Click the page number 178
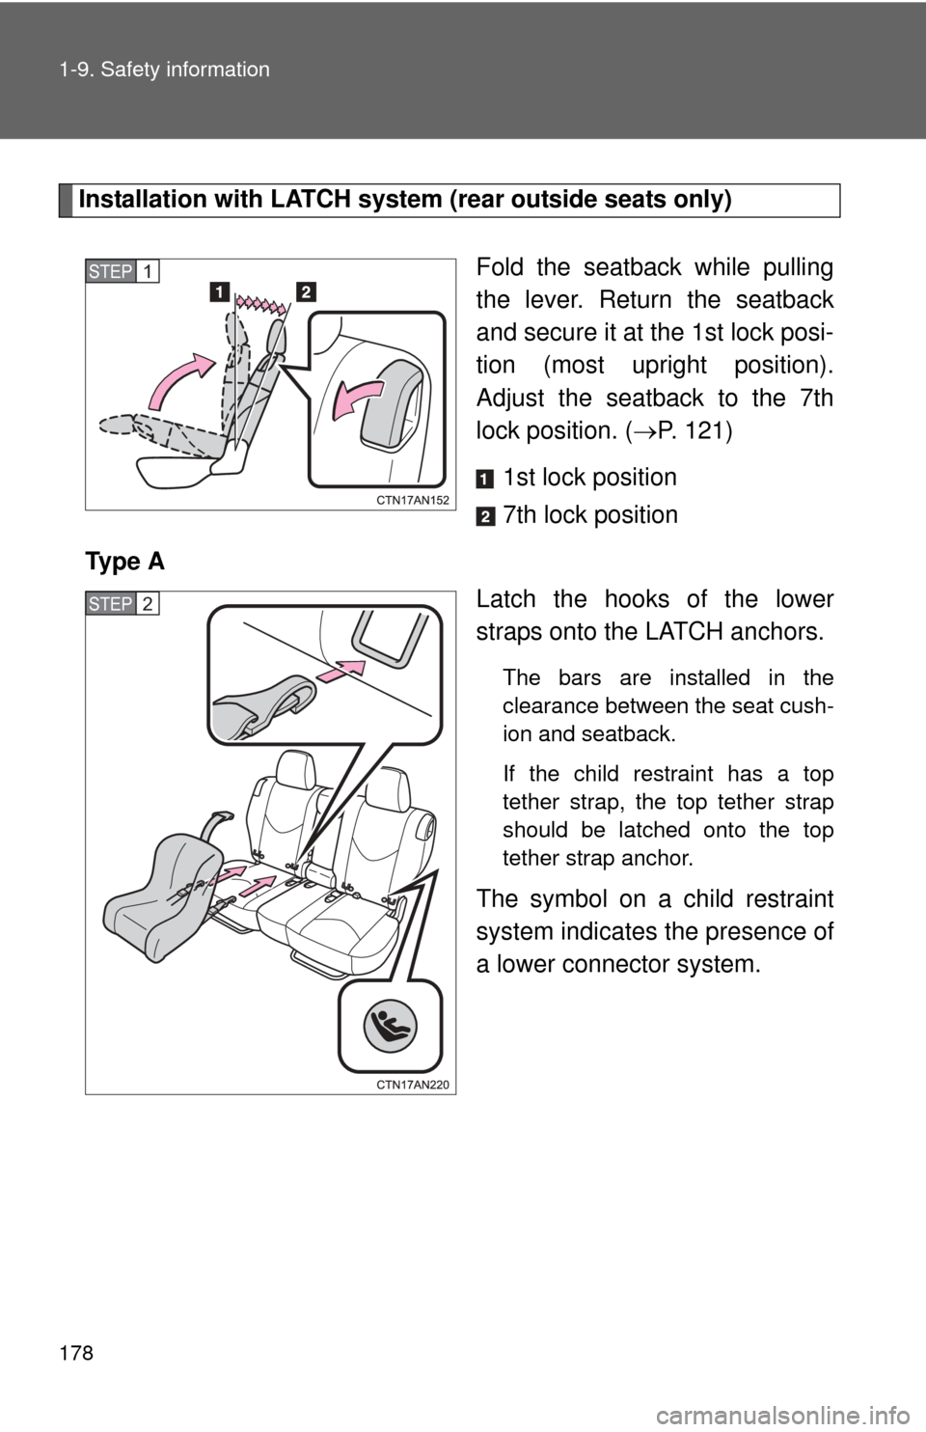pos(77,1353)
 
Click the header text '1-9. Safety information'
pos(165,69)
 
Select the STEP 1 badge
pos(122,272)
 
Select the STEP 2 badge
pos(122,603)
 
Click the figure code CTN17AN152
pos(412,501)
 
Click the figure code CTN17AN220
pos(412,1085)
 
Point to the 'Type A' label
pos(124,562)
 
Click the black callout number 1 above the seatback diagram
pos(219,292)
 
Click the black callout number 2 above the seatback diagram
pos(306,292)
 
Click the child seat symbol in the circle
pos(391,1027)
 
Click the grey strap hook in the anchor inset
pos(265,706)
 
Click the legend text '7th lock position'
pos(590,515)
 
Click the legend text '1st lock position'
pos(590,478)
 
